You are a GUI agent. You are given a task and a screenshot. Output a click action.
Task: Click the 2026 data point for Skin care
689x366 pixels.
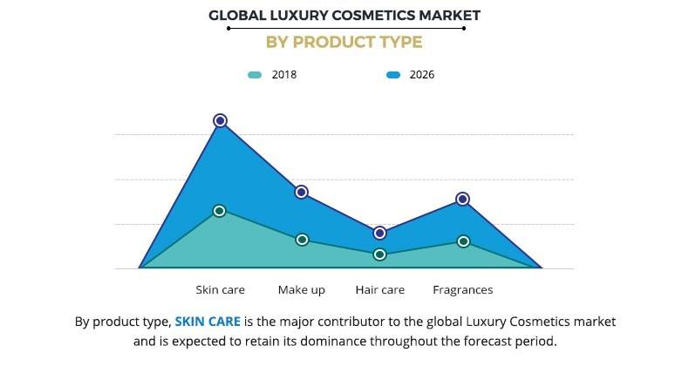[x=221, y=120]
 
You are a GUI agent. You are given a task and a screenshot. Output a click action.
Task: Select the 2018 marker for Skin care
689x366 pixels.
[x=220, y=211]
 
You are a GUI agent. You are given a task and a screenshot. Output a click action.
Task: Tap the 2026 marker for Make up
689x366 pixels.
[x=301, y=192]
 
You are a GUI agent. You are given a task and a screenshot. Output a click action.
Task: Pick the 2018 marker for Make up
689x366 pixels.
[x=302, y=240]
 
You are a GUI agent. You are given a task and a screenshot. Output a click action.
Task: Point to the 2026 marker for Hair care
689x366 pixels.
[x=379, y=233]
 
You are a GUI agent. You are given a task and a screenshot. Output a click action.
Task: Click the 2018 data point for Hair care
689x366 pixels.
[x=379, y=254]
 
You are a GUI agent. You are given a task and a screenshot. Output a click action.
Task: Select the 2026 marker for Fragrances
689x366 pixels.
[x=462, y=200]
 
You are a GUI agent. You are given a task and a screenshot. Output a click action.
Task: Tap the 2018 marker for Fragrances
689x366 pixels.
[x=463, y=241]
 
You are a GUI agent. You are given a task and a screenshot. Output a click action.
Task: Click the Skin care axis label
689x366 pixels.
[x=220, y=290]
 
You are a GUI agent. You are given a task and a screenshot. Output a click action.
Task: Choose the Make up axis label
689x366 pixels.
[x=302, y=290]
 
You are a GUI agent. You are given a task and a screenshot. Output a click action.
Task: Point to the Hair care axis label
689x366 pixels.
[x=380, y=290]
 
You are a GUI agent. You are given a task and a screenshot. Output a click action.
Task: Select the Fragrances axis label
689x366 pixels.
[x=463, y=290]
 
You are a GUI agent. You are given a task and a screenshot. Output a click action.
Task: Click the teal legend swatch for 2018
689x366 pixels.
[x=255, y=75]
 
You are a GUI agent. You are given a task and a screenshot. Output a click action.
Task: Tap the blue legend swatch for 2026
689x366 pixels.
[x=393, y=75]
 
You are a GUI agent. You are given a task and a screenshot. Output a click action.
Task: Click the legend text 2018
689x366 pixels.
[x=283, y=75]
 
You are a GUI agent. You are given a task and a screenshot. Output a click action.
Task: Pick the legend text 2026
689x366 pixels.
[x=421, y=75]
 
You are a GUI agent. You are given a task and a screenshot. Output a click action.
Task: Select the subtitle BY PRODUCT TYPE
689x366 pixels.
[x=344, y=42]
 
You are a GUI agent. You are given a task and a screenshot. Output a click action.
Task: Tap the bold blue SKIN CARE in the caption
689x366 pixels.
[x=208, y=322]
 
